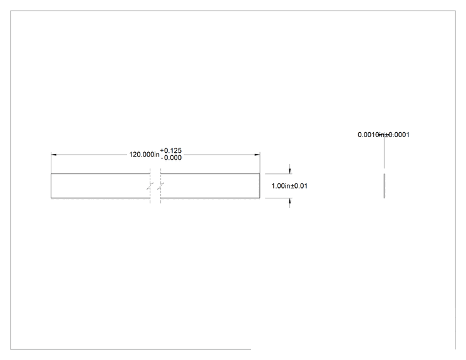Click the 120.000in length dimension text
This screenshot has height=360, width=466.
[144, 155]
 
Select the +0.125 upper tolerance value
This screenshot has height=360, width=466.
[171, 151]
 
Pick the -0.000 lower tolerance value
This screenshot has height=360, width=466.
[171, 158]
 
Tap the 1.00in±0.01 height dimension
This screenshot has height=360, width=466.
[289, 186]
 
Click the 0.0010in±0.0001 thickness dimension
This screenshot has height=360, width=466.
[383, 135]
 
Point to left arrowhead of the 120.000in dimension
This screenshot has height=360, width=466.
[54, 155]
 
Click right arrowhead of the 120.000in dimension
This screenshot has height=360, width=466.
[257, 155]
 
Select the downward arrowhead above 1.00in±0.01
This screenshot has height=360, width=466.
[290, 171]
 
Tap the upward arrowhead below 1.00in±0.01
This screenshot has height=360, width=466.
[290, 201]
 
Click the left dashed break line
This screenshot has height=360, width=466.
[150, 186]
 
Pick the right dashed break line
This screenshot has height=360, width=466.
[160, 186]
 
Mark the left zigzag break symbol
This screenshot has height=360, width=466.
[150, 187]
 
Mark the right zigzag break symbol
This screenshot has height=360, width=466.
[161, 187]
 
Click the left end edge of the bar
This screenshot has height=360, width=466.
[51, 186]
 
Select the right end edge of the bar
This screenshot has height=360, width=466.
[260, 186]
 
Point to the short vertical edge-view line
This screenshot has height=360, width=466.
[384, 186]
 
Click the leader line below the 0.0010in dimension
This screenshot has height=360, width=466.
[384, 152]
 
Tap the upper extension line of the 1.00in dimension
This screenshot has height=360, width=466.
[279, 174]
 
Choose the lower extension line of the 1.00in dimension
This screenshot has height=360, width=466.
[279, 198]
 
